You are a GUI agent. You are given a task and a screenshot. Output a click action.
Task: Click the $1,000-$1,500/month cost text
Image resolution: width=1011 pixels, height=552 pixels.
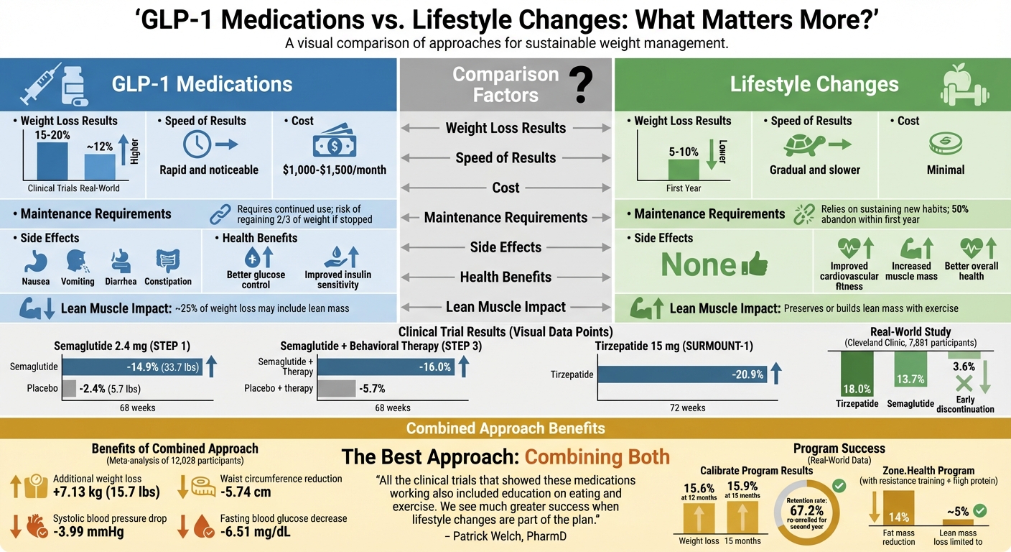[x=335, y=170]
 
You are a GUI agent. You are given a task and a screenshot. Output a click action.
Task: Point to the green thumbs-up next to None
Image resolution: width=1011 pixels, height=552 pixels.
[x=754, y=265]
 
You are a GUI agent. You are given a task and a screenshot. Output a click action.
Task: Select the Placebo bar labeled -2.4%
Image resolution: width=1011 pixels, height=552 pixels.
[x=70, y=389]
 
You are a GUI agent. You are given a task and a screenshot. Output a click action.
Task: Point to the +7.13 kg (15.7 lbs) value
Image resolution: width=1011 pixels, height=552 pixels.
[x=106, y=492]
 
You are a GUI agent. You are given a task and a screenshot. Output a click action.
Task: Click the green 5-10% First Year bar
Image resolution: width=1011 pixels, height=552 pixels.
[x=683, y=169]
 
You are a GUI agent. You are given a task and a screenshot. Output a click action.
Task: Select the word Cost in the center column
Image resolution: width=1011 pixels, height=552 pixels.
[x=505, y=188]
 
